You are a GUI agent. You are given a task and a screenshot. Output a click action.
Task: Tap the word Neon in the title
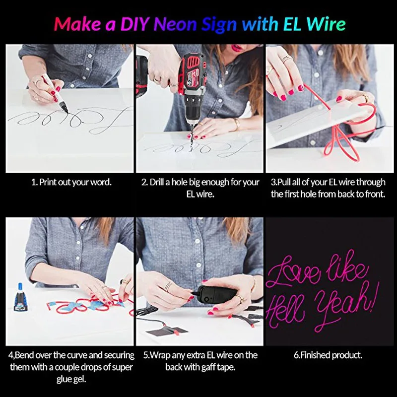click(175, 24)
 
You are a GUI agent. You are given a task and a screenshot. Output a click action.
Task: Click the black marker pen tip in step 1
click(66, 110)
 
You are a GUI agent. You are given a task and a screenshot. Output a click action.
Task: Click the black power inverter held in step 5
click(217, 295)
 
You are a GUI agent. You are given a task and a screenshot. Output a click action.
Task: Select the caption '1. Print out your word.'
click(71, 182)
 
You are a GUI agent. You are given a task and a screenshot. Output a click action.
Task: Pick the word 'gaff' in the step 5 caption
click(207, 367)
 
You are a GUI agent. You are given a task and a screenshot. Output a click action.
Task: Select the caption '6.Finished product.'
click(328, 355)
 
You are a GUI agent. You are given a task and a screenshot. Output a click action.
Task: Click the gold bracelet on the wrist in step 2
click(236, 124)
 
